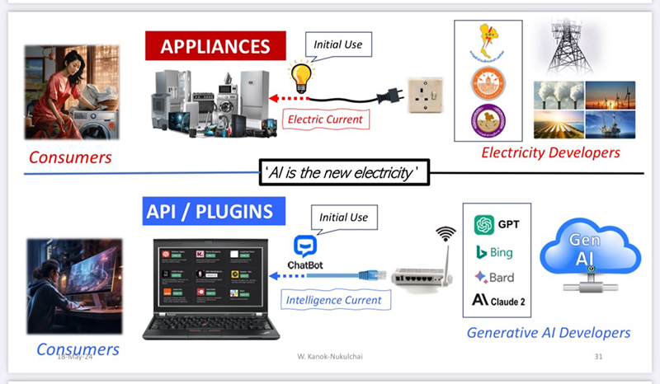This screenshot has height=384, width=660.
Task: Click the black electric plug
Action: [x=388, y=96]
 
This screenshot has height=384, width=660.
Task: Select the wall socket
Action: [x=426, y=98]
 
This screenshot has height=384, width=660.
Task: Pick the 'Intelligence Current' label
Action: [x=334, y=300]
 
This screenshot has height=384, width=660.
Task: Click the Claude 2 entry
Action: [x=498, y=301]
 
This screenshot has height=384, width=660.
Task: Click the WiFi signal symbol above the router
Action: [x=446, y=234]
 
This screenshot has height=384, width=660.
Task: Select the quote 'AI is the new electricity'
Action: [x=344, y=173]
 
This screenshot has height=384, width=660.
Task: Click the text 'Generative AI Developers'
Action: [x=549, y=333]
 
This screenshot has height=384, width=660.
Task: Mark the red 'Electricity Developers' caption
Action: [x=550, y=152]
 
